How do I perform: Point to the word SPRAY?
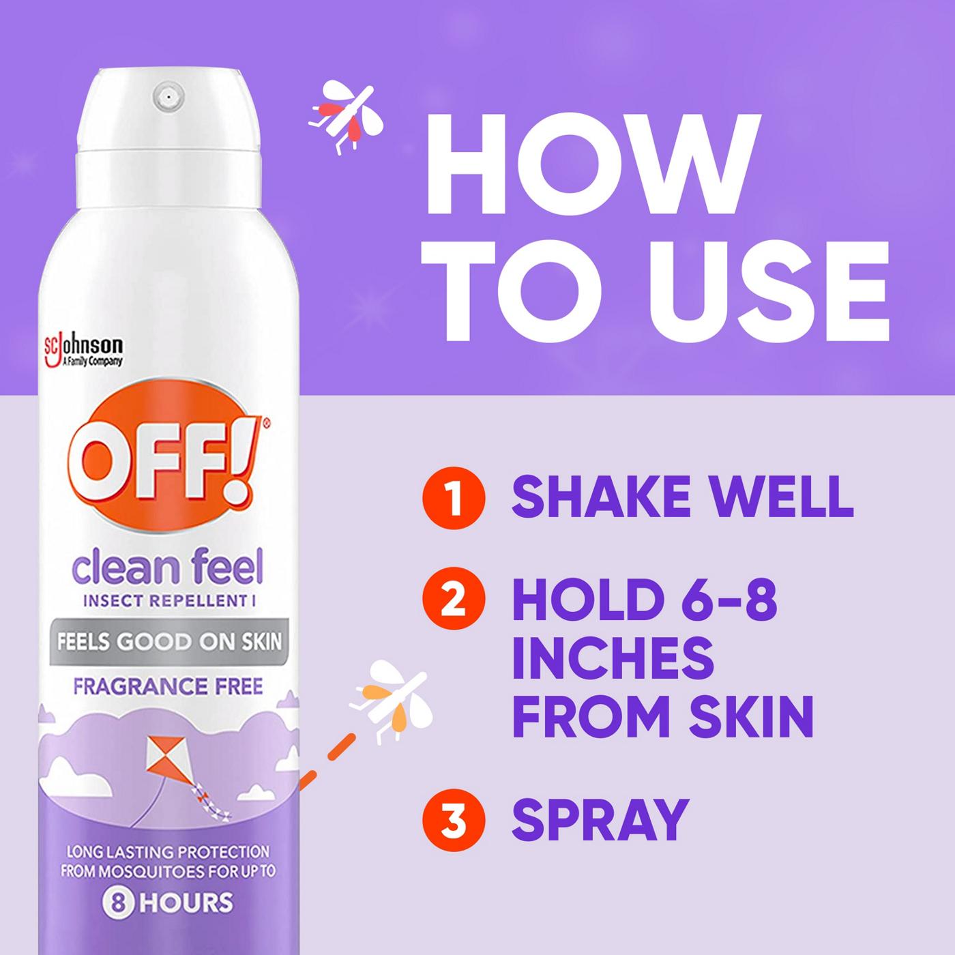click(599, 819)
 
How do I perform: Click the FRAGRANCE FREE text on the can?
click(168, 686)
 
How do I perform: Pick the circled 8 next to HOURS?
click(117, 902)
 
